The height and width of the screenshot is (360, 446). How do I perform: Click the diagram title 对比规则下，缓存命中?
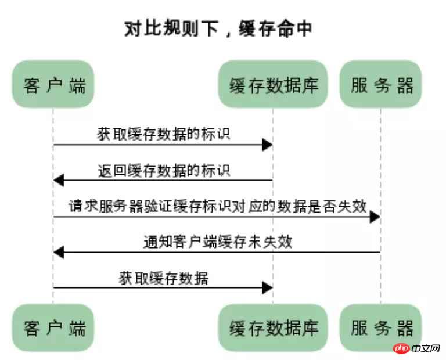[218, 28]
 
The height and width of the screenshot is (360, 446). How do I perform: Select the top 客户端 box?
[53, 84]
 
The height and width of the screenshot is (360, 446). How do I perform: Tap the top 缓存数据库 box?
[273, 84]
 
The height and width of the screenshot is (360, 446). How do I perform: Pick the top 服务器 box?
[380, 84]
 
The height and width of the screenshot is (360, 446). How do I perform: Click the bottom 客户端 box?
[53, 327]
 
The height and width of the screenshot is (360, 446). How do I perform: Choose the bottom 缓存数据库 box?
[273, 327]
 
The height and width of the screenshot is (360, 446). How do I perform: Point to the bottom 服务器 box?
[380, 327]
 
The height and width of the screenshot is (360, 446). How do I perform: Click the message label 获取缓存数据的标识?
[164, 134]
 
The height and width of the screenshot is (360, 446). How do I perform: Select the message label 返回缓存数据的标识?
[164, 170]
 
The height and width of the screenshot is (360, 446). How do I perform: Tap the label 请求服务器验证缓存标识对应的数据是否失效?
[218, 206]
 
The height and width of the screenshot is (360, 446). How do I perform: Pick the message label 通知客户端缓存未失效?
[218, 242]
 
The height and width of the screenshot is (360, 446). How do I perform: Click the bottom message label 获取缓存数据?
[164, 278]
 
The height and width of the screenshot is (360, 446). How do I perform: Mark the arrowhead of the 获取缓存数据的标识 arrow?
[267, 145]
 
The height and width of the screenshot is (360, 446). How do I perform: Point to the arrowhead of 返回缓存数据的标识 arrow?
[59, 180]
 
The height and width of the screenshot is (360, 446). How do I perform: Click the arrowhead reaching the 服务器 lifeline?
[375, 217]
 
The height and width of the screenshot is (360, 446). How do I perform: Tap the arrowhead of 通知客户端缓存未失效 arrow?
[59, 252]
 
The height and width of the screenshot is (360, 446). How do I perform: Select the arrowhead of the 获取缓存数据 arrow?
[267, 288]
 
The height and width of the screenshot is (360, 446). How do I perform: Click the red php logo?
[401, 348]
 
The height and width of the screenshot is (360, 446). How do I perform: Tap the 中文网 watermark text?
[426, 348]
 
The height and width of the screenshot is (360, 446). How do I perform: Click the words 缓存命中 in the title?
[275, 28]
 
